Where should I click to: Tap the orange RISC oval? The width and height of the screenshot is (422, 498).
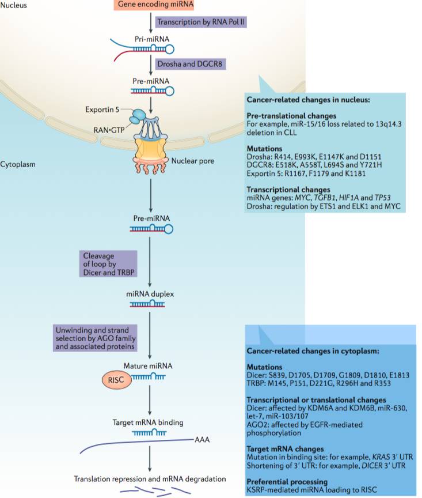[x=112, y=380]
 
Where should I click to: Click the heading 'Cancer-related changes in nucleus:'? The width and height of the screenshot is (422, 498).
[x=308, y=100]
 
